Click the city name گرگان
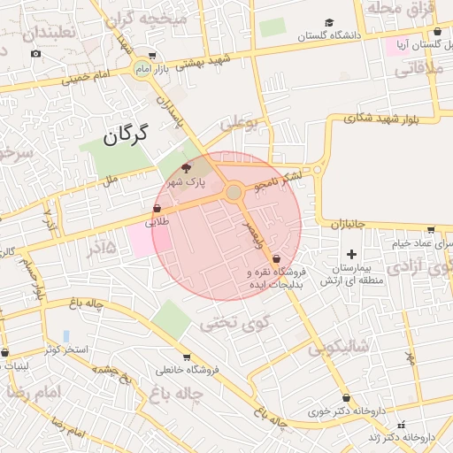point(123,136)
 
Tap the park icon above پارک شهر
point(186,167)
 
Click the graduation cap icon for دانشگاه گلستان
point(329,22)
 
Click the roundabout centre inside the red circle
point(234,192)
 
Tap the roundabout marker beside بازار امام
point(142,68)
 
